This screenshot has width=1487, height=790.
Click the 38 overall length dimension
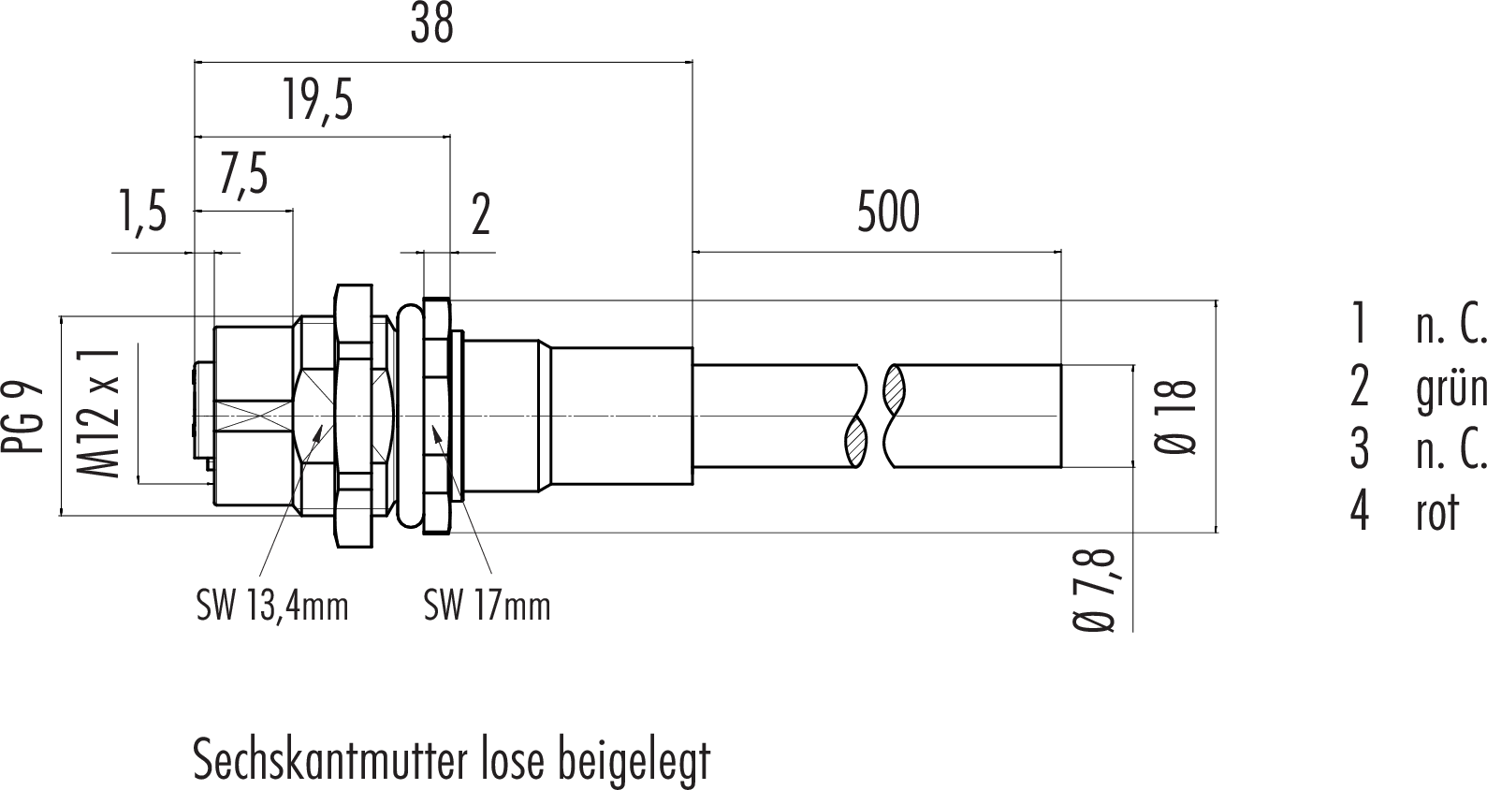[x=431, y=25]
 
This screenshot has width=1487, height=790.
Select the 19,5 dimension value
[x=318, y=100]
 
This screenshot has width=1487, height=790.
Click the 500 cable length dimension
[x=888, y=212]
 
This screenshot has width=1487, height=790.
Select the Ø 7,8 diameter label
[x=1095, y=589]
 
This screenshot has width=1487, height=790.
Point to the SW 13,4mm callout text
[x=272, y=606]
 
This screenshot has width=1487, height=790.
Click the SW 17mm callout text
[x=487, y=606]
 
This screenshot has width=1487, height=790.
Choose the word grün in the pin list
[x=1451, y=388]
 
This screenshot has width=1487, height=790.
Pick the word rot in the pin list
[x=1437, y=512]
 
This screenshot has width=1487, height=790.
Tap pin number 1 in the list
[x=1359, y=324]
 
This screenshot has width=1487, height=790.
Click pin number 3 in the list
[x=1359, y=450]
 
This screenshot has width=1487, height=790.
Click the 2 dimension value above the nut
[x=481, y=215]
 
